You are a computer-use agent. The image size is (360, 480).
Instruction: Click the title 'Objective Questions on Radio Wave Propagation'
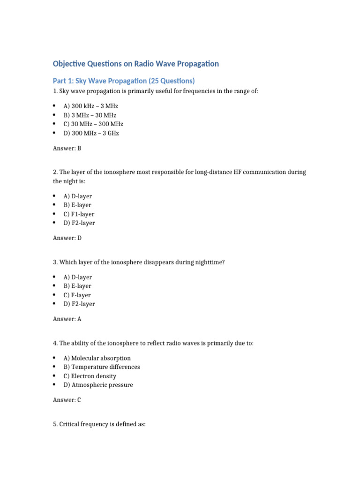[x=135, y=64]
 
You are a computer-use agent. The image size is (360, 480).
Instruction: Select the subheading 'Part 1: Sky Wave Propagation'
[x=124, y=81]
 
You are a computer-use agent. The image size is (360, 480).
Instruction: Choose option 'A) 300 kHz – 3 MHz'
[x=91, y=106]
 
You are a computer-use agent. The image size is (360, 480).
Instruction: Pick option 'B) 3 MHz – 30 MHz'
[x=90, y=115]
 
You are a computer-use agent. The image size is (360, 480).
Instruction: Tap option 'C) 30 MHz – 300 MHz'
[x=93, y=124]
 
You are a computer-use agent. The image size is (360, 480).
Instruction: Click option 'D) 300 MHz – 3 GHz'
[x=91, y=133]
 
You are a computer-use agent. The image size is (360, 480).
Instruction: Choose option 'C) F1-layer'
[x=79, y=214]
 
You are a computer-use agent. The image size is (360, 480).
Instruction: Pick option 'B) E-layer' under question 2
[x=77, y=205]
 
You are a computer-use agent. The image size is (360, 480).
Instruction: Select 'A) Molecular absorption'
[x=97, y=358]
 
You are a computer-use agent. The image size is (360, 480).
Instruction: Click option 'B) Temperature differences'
[x=102, y=367]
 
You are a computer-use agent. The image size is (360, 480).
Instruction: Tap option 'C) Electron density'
[x=90, y=376]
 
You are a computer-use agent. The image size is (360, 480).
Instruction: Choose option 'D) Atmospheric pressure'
[x=98, y=385]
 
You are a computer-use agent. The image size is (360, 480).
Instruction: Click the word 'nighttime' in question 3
[x=209, y=262]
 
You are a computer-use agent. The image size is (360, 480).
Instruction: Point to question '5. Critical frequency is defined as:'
[x=99, y=424]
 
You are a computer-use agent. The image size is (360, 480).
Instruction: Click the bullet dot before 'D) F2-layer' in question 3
[x=55, y=304]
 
